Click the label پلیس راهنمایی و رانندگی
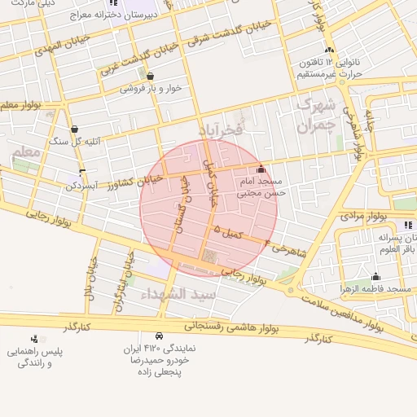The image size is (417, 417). coord(37,358)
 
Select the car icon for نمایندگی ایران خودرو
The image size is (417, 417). coord(158,336)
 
